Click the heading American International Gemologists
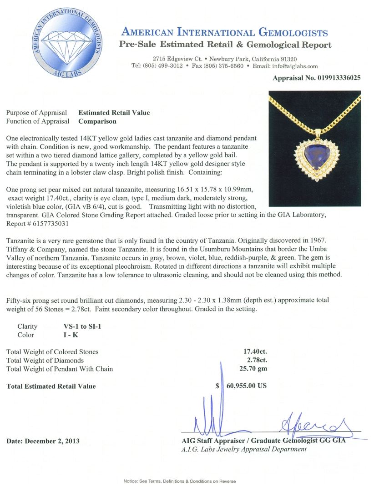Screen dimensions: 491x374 (x=224, y=33)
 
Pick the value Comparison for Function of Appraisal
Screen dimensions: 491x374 (x=97, y=121)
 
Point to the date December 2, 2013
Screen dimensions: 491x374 (x=43, y=441)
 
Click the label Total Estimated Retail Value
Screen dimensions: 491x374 (x=51, y=386)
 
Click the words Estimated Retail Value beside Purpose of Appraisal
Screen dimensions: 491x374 (x=114, y=113)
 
